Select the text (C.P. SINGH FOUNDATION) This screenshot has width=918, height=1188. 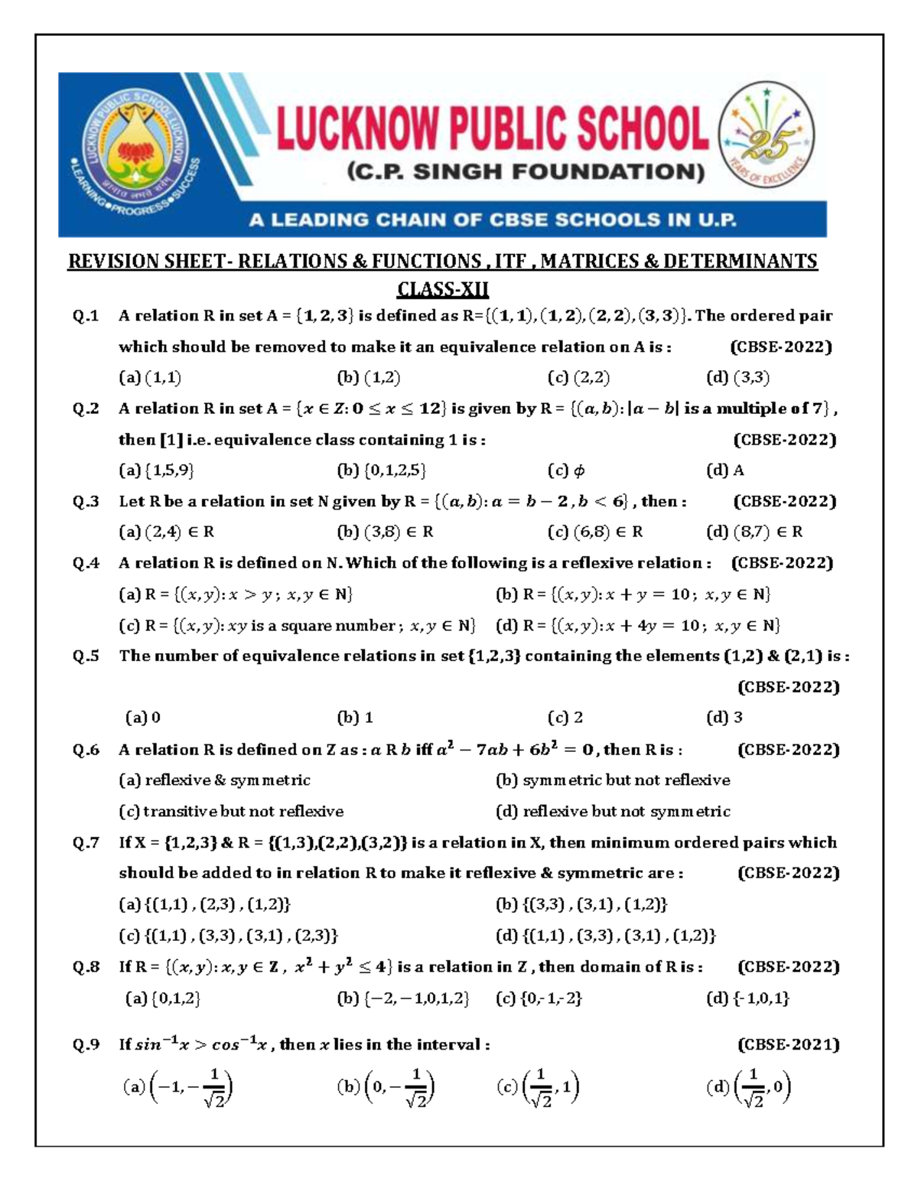[x=526, y=172]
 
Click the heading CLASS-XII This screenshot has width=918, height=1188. [x=442, y=290]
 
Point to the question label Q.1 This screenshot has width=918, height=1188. [x=86, y=316]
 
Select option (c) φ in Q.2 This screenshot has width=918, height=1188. [x=567, y=470]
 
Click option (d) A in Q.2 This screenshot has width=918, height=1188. [x=725, y=470]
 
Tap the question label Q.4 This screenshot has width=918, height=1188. [x=86, y=563]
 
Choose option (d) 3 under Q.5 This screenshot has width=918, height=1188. [x=724, y=718]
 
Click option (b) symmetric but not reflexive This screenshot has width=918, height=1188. [x=613, y=780]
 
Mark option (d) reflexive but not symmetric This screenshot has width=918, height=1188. [x=613, y=811]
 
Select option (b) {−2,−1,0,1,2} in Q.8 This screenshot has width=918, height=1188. [x=402, y=998]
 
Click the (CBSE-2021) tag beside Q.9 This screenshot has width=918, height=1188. [x=788, y=1044]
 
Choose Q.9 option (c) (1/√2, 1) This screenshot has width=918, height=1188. [x=538, y=1088]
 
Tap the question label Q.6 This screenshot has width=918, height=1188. [x=86, y=750]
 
